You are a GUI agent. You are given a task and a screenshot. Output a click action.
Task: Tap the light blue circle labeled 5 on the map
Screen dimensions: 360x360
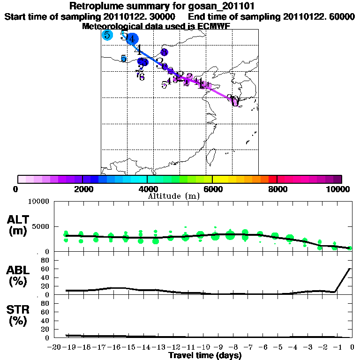pyautogui.click(x=107, y=35)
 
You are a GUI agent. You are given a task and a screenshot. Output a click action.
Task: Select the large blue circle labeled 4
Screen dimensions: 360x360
pyautogui.click(x=133, y=39)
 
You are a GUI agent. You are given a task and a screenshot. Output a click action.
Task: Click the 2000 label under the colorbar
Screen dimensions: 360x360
pyautogui.click(x=82, y=189)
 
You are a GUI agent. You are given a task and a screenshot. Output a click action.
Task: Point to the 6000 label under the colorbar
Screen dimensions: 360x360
pyautogui.click(x=212, y=189)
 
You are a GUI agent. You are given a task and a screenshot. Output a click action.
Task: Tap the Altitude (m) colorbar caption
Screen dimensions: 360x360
pyautogui.click(x=173, y=196)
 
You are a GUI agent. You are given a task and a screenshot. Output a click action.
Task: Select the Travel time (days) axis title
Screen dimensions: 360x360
pyautogui.click(x=205, y=355)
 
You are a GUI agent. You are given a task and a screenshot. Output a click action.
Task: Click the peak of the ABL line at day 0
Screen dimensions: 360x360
pyautogui.click(x=350, y=269)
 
